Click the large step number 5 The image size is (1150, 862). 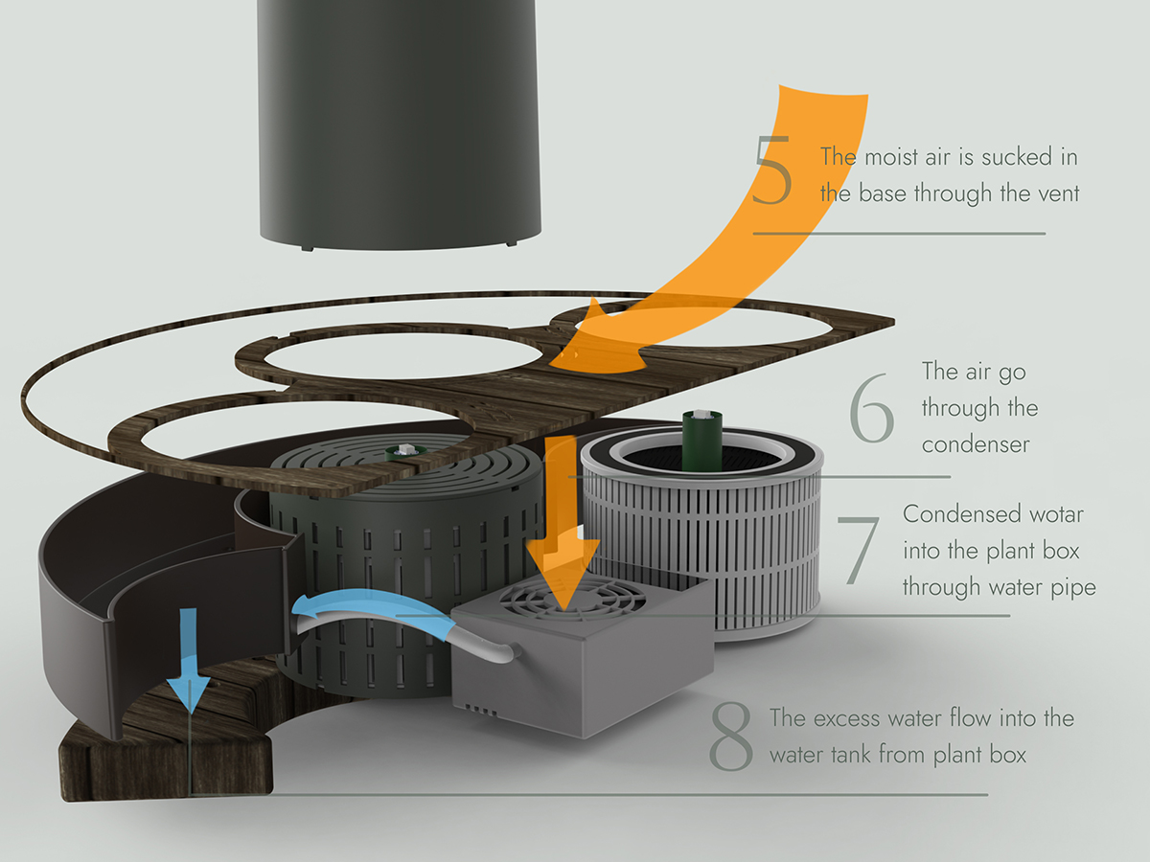click(x=772, y=171)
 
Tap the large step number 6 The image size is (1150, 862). click(x=871, y=412)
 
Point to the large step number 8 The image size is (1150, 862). click(x=730, y=738)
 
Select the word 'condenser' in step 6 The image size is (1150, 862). click(x=976, y=444)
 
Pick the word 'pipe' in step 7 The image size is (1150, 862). click(x=1074, y=586)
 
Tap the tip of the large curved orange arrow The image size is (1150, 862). click(x=565, y=359)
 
